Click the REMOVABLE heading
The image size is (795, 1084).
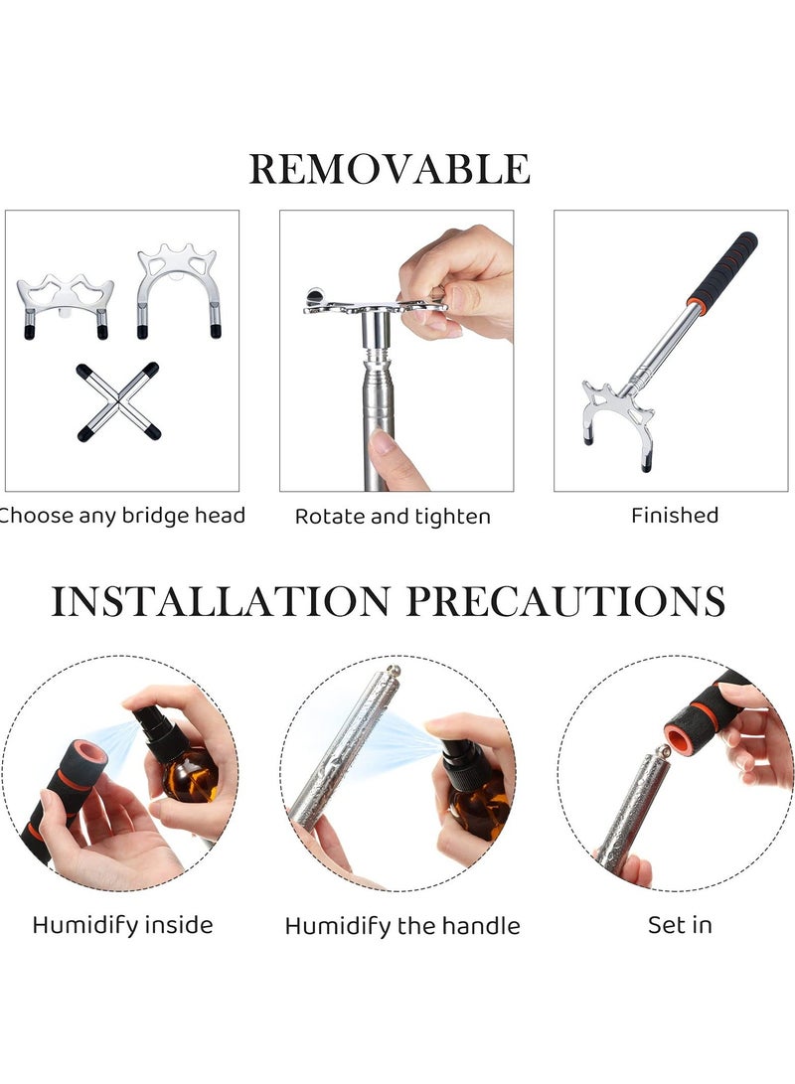click(390, 169)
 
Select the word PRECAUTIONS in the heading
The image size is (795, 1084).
click(565, 601)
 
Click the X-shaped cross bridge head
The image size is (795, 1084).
click(118, 401)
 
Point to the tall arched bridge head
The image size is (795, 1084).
click(178, 290)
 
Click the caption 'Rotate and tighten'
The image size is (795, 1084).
click(393, 517)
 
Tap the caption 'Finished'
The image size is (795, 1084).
click(675, 515)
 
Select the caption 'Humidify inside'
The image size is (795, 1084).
click(122, 926)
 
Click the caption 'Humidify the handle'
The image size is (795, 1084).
click(402, 926)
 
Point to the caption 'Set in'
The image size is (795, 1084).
click(680, 925)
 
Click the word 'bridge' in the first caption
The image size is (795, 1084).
click(156, 516)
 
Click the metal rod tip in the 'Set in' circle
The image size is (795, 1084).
click(662, 751)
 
